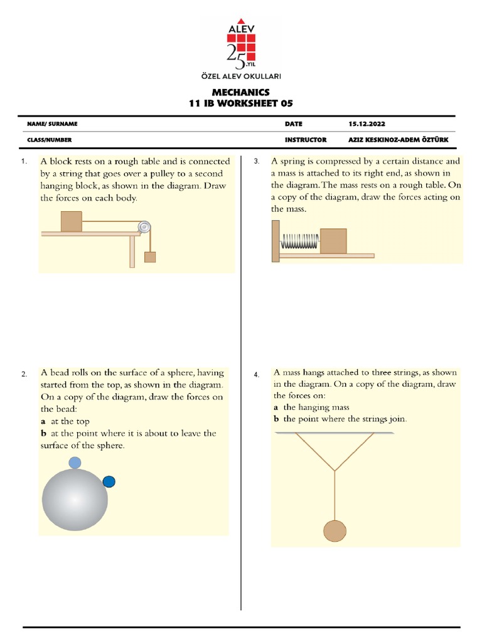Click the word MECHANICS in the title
point(240,92)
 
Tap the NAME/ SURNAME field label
point(52,124)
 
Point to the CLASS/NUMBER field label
point(49,140)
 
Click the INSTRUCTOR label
point(305,140)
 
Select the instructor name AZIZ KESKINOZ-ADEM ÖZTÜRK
point(399,140)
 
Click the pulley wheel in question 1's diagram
point(145,227)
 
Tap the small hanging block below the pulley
point(149,256)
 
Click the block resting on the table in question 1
point(71,221)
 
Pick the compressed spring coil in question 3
point(300,241)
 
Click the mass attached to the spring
point(333,241)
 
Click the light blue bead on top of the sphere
point(75,463)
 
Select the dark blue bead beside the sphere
point(109,481)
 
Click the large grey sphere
point(74,501)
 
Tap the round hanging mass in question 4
point(335,530)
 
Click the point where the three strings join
point(335,471)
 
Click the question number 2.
point(24,374)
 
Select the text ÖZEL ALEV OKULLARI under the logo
point(240,75)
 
